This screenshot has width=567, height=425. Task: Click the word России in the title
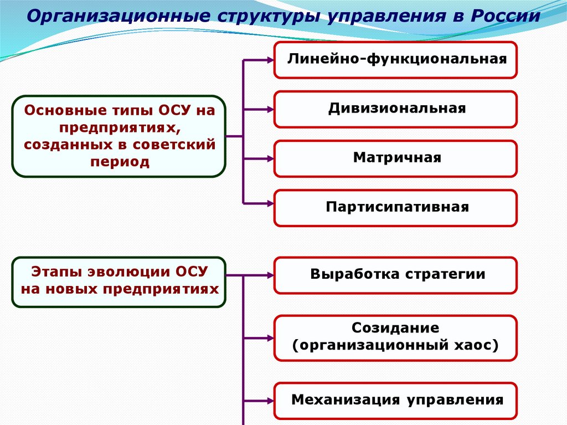pyautogui.click(x=506, y=16)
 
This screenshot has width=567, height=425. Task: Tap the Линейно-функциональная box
pyautogui.click(x=395, y=60)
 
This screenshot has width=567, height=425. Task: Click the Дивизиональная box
pyautogui.click(x=395, y=109)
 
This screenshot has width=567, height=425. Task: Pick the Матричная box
pyautogui.click(x=395, y=158)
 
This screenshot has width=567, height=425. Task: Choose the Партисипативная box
pyautogui.click(x=395, y=208)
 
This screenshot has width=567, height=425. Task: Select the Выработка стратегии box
pyautogui.click(x=395, y=275)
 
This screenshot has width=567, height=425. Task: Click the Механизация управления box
pyautogui.click(x=395, y=401)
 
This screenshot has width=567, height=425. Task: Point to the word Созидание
pyautogui.click(x=395, y=328)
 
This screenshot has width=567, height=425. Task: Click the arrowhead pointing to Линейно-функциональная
pyautogui.click(x=270, y=60)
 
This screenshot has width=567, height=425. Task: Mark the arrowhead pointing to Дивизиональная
pyautogui.click(x=270, y=109)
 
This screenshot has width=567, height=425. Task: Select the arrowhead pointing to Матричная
pyautogui.click(x=270, y=158)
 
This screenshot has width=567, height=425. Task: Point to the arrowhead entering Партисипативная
pyautogui.click(x=270, y=204)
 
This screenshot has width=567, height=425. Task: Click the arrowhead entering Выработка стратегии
pyautogui.click(x=270, y=275)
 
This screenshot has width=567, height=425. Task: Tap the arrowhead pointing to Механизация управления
pyautogui.click(x=270, y=401)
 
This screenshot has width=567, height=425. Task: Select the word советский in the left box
pyautogui.click(x=174, y=145)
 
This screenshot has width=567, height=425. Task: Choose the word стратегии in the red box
pyautogui.click(x=445, y=275)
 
